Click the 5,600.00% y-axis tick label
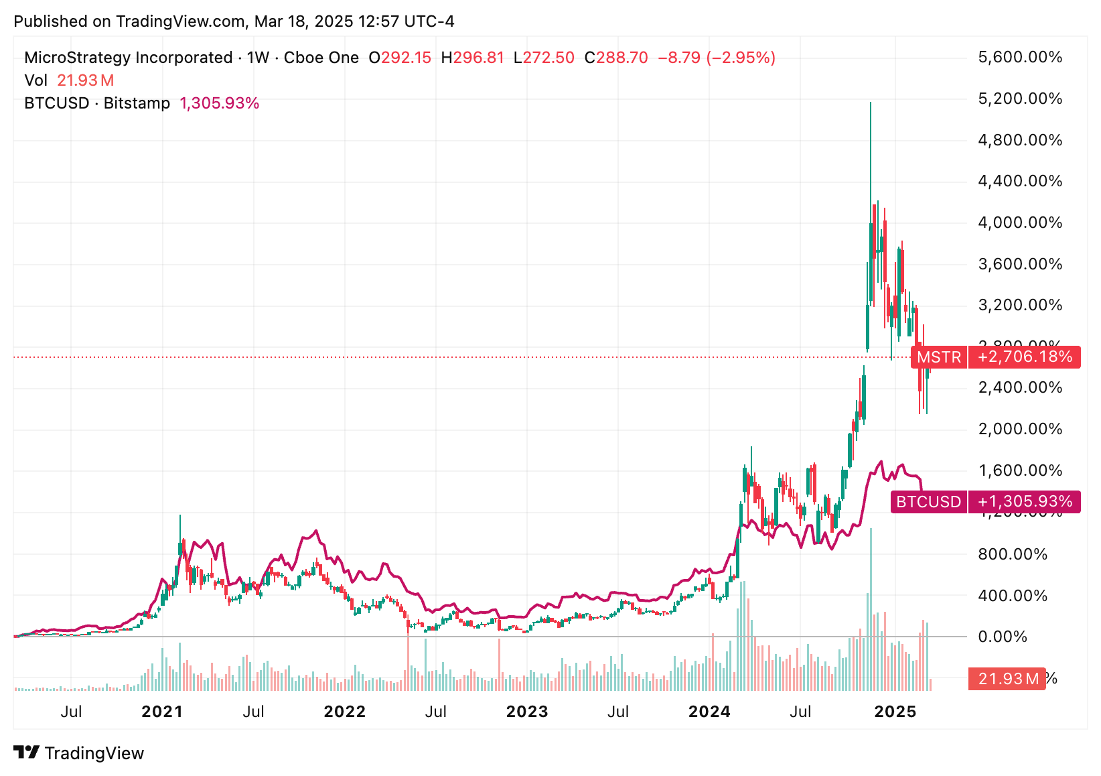click(1020, 58)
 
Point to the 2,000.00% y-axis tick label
click(1020, 430)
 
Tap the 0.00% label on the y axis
click(1003, 637)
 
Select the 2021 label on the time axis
click(162, 712)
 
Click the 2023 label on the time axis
click(527, 712)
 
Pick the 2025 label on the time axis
click(895, 712)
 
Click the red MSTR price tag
click(939, 357)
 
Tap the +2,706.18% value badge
click(1025, 357)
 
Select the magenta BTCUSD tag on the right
click(928, 502)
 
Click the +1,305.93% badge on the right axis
click(1025, 502)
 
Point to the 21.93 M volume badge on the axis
click(1007, 680)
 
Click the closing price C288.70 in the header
click(616, 58)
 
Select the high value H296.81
click(472, 58)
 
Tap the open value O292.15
click(400, 58)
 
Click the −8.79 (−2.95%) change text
click(717, 58)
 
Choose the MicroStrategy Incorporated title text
click(128, 58)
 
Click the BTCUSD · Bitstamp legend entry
click(97, 103)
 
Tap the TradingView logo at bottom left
click(79, 753)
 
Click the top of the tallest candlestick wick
click(871, 103)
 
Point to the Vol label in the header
click(35, 80)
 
